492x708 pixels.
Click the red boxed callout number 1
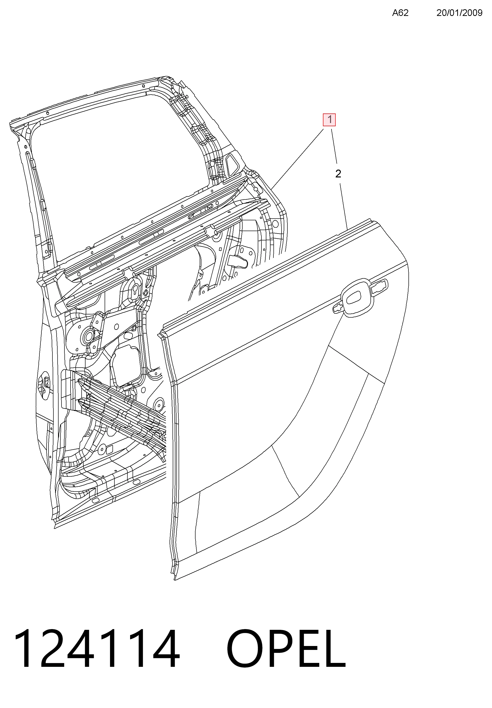(x=329, y=120)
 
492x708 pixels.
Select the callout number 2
(x=338, y=174)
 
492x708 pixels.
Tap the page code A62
(x=400, y=13)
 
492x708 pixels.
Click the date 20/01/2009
(x=459, y=13)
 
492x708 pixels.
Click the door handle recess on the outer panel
(x=357, y=298)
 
